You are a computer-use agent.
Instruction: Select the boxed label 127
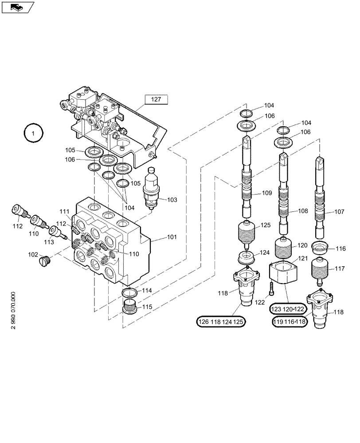156,100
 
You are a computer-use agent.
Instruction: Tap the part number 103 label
172,200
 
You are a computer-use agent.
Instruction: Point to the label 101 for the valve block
171,237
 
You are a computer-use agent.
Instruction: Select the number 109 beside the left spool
266,193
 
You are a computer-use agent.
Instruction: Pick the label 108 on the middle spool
302,211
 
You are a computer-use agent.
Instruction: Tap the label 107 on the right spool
339,212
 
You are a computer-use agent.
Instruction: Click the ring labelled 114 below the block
130,292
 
